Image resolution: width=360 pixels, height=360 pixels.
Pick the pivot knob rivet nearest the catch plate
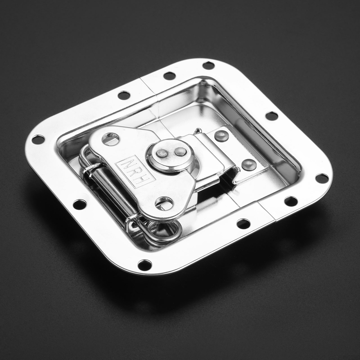tap(180, 151)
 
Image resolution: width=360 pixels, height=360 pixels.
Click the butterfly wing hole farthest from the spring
tap(111, 139)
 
